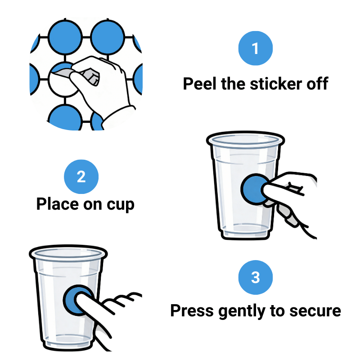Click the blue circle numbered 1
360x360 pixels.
(255, 48)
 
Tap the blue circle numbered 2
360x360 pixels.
(81, 176)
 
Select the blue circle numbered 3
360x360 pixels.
(255, 277)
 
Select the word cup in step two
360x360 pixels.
(119, 205)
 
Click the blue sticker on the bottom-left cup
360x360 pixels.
(76, 300)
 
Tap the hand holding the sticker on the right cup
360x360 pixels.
(288, 189)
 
